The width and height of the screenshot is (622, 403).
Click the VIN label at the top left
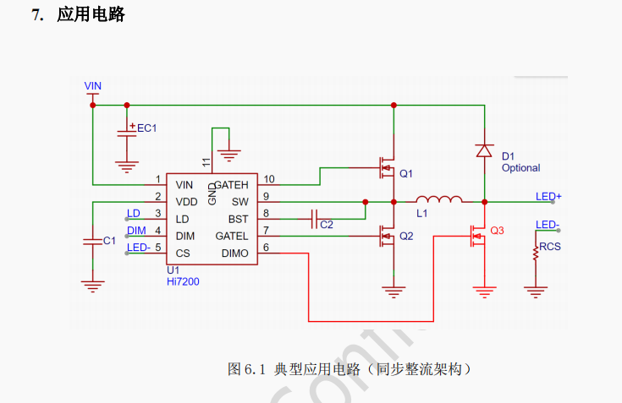pyautogui.click(x=93, y=86)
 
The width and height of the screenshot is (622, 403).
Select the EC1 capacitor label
pyautogui.click(x=147, y=128)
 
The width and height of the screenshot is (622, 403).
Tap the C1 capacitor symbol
pyautogui.click(x=92, y=241)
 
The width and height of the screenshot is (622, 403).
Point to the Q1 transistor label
pyautogui.click(x=406, y=173)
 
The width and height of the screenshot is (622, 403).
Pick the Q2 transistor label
pyautogui.click(x=406, y=236)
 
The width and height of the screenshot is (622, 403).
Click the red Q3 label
pyautogui.click(x=497, y=231)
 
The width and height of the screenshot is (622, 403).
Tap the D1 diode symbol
pyautogui.click(x=484, y=150)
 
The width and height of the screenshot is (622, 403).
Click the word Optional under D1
pyautogui.click(x=520, y=168)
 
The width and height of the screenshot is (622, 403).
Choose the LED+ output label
pyautogui.click(x=548, y=197)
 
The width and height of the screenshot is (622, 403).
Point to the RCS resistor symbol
pyautogui.click(x=535, y=253)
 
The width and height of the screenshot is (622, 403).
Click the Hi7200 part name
pyautogui.click(x=183, y=280)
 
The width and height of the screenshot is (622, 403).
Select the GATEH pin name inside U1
pyautogui.click(x=232, y=184)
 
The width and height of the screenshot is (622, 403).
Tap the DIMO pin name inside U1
pyautogui.click(x=234, y=253)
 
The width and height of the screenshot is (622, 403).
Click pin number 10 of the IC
pyautogui.click(x=268, y=179)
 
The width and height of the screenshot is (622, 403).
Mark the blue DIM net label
pyautogui.click(x=135, y=230)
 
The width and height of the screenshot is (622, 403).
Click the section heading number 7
pyautogui.click(x=36, y=14)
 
